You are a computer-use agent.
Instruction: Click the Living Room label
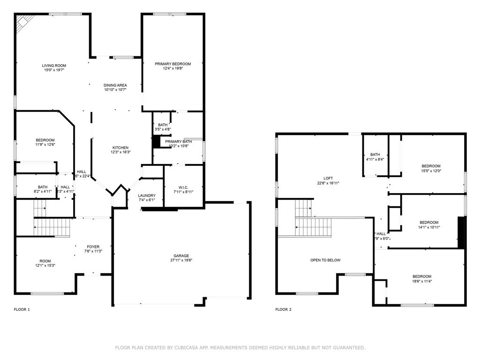coord(54,66)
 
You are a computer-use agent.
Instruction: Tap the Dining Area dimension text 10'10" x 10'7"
coord(115,90)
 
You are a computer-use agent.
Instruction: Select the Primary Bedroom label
coord(173,64)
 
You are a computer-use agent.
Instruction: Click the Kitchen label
coord(120,148)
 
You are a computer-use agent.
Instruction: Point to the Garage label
coord(181,255)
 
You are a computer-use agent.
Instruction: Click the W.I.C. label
coord(183,187)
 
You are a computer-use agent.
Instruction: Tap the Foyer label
coord(93,247)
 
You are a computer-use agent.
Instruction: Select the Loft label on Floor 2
coord(328,178)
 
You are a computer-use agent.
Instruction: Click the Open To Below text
coord(325,260)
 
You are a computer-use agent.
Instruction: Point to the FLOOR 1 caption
coord(22,309)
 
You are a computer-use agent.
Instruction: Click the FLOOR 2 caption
coord(283,309)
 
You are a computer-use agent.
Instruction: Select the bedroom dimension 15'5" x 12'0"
coord(431,171)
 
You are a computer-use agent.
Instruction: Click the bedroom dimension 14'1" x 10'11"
coord(428,227)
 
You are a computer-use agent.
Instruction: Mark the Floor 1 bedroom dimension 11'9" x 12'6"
coord(45,145)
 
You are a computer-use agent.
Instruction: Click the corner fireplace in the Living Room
coord(23,23)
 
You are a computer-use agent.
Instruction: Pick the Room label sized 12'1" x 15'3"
coord(45,261)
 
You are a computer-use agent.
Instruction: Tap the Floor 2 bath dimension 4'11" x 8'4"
coord(375,159)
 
